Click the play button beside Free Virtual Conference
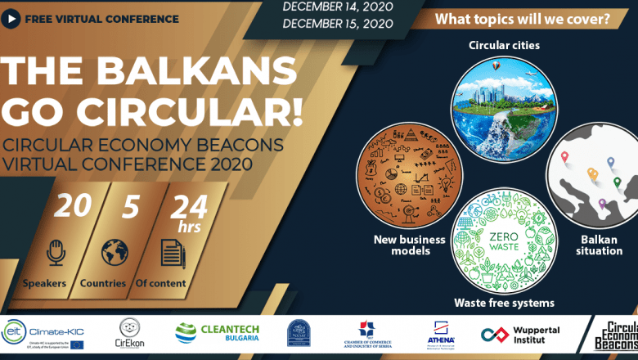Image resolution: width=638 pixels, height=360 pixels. tap(13, 18)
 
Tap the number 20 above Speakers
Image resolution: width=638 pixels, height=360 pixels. tap(73, 206)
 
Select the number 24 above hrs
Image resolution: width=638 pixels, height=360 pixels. tap(188, 205)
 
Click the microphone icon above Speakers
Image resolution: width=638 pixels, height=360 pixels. tap(56, 252)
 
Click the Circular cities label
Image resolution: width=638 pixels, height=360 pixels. tap(503, 45)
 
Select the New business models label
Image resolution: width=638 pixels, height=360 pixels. tap(409, 245)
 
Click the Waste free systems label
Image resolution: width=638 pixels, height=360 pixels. tap(504, 303)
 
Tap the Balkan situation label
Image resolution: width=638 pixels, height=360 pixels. tap(601, 245)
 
